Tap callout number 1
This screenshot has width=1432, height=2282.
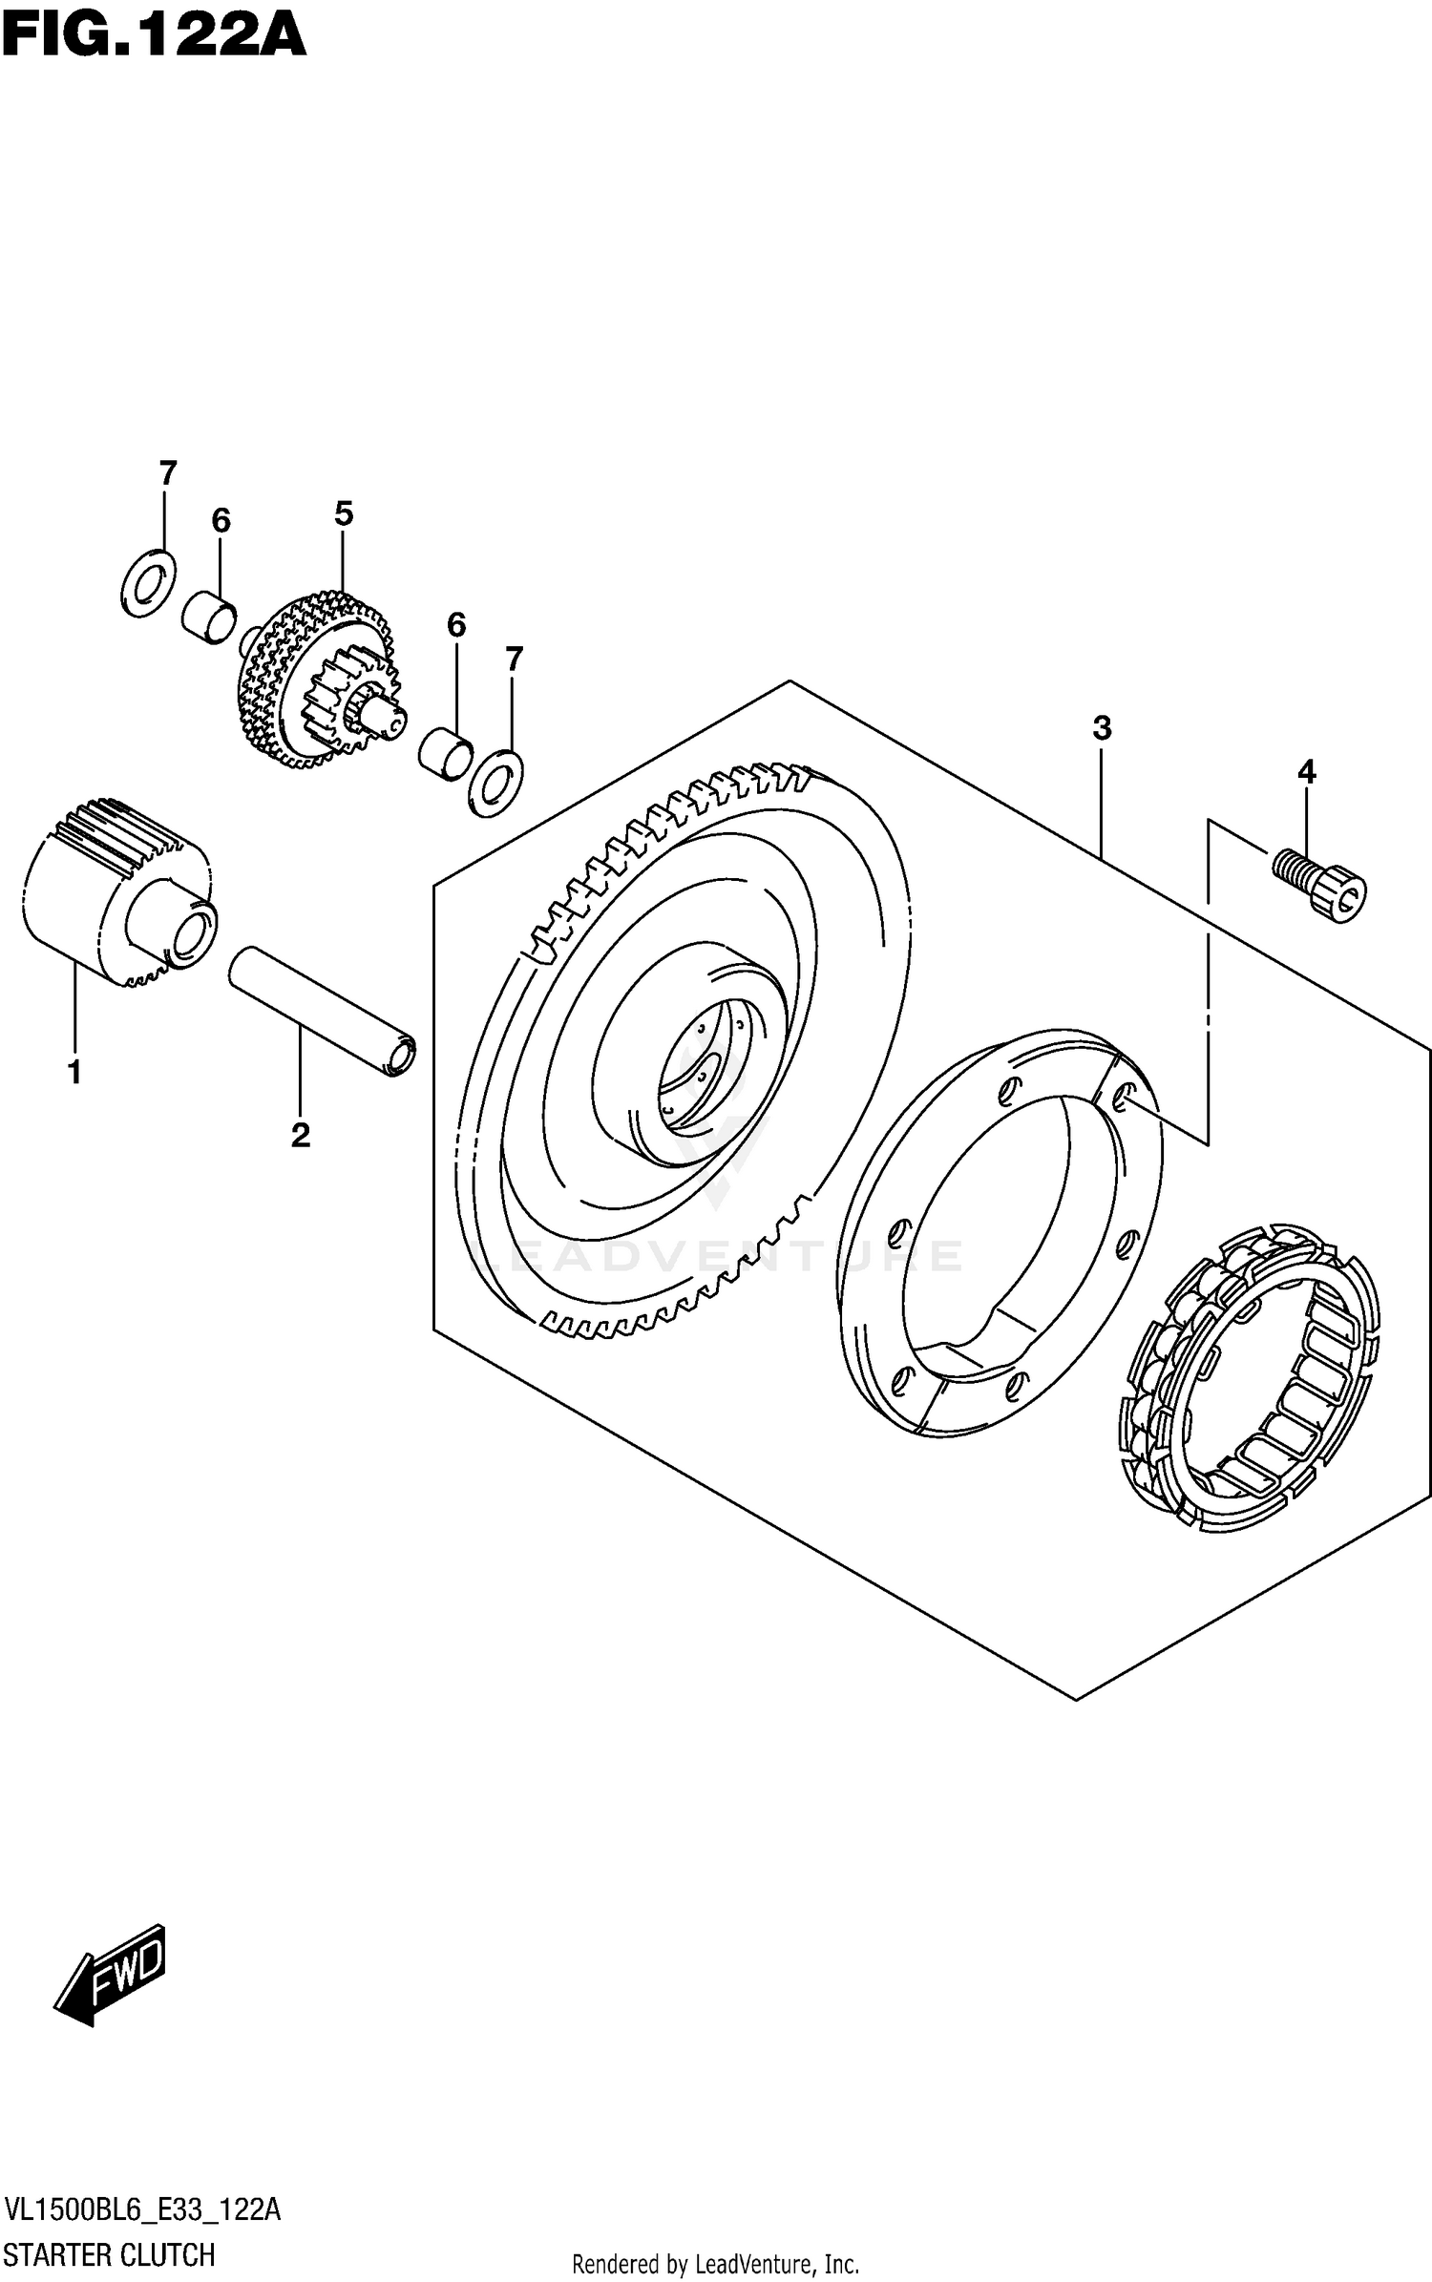pyautogui.click(x=74, y=1073)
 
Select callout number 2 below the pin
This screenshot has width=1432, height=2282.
pyautogui.click(x=300, y=1136)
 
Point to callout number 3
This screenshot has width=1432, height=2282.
pyautogui.click(x=1102, y=729)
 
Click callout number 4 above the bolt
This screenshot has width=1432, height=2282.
pyautogui.click(x=1306, y=771)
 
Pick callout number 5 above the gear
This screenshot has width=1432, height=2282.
pyautogui.click(x=344, y=514)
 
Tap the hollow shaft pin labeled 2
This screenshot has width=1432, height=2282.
pyautogui.click(x=323, y=1011)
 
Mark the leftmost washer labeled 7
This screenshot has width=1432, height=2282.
pyautogui.click(x=149, y=583)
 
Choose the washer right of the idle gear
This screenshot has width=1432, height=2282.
pyautogui.click(x=495, y=783)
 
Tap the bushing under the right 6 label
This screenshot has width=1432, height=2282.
pyautogui.click(x=446, y=751)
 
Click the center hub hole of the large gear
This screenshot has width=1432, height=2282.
pyautogui.click(x=702, y=1074)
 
